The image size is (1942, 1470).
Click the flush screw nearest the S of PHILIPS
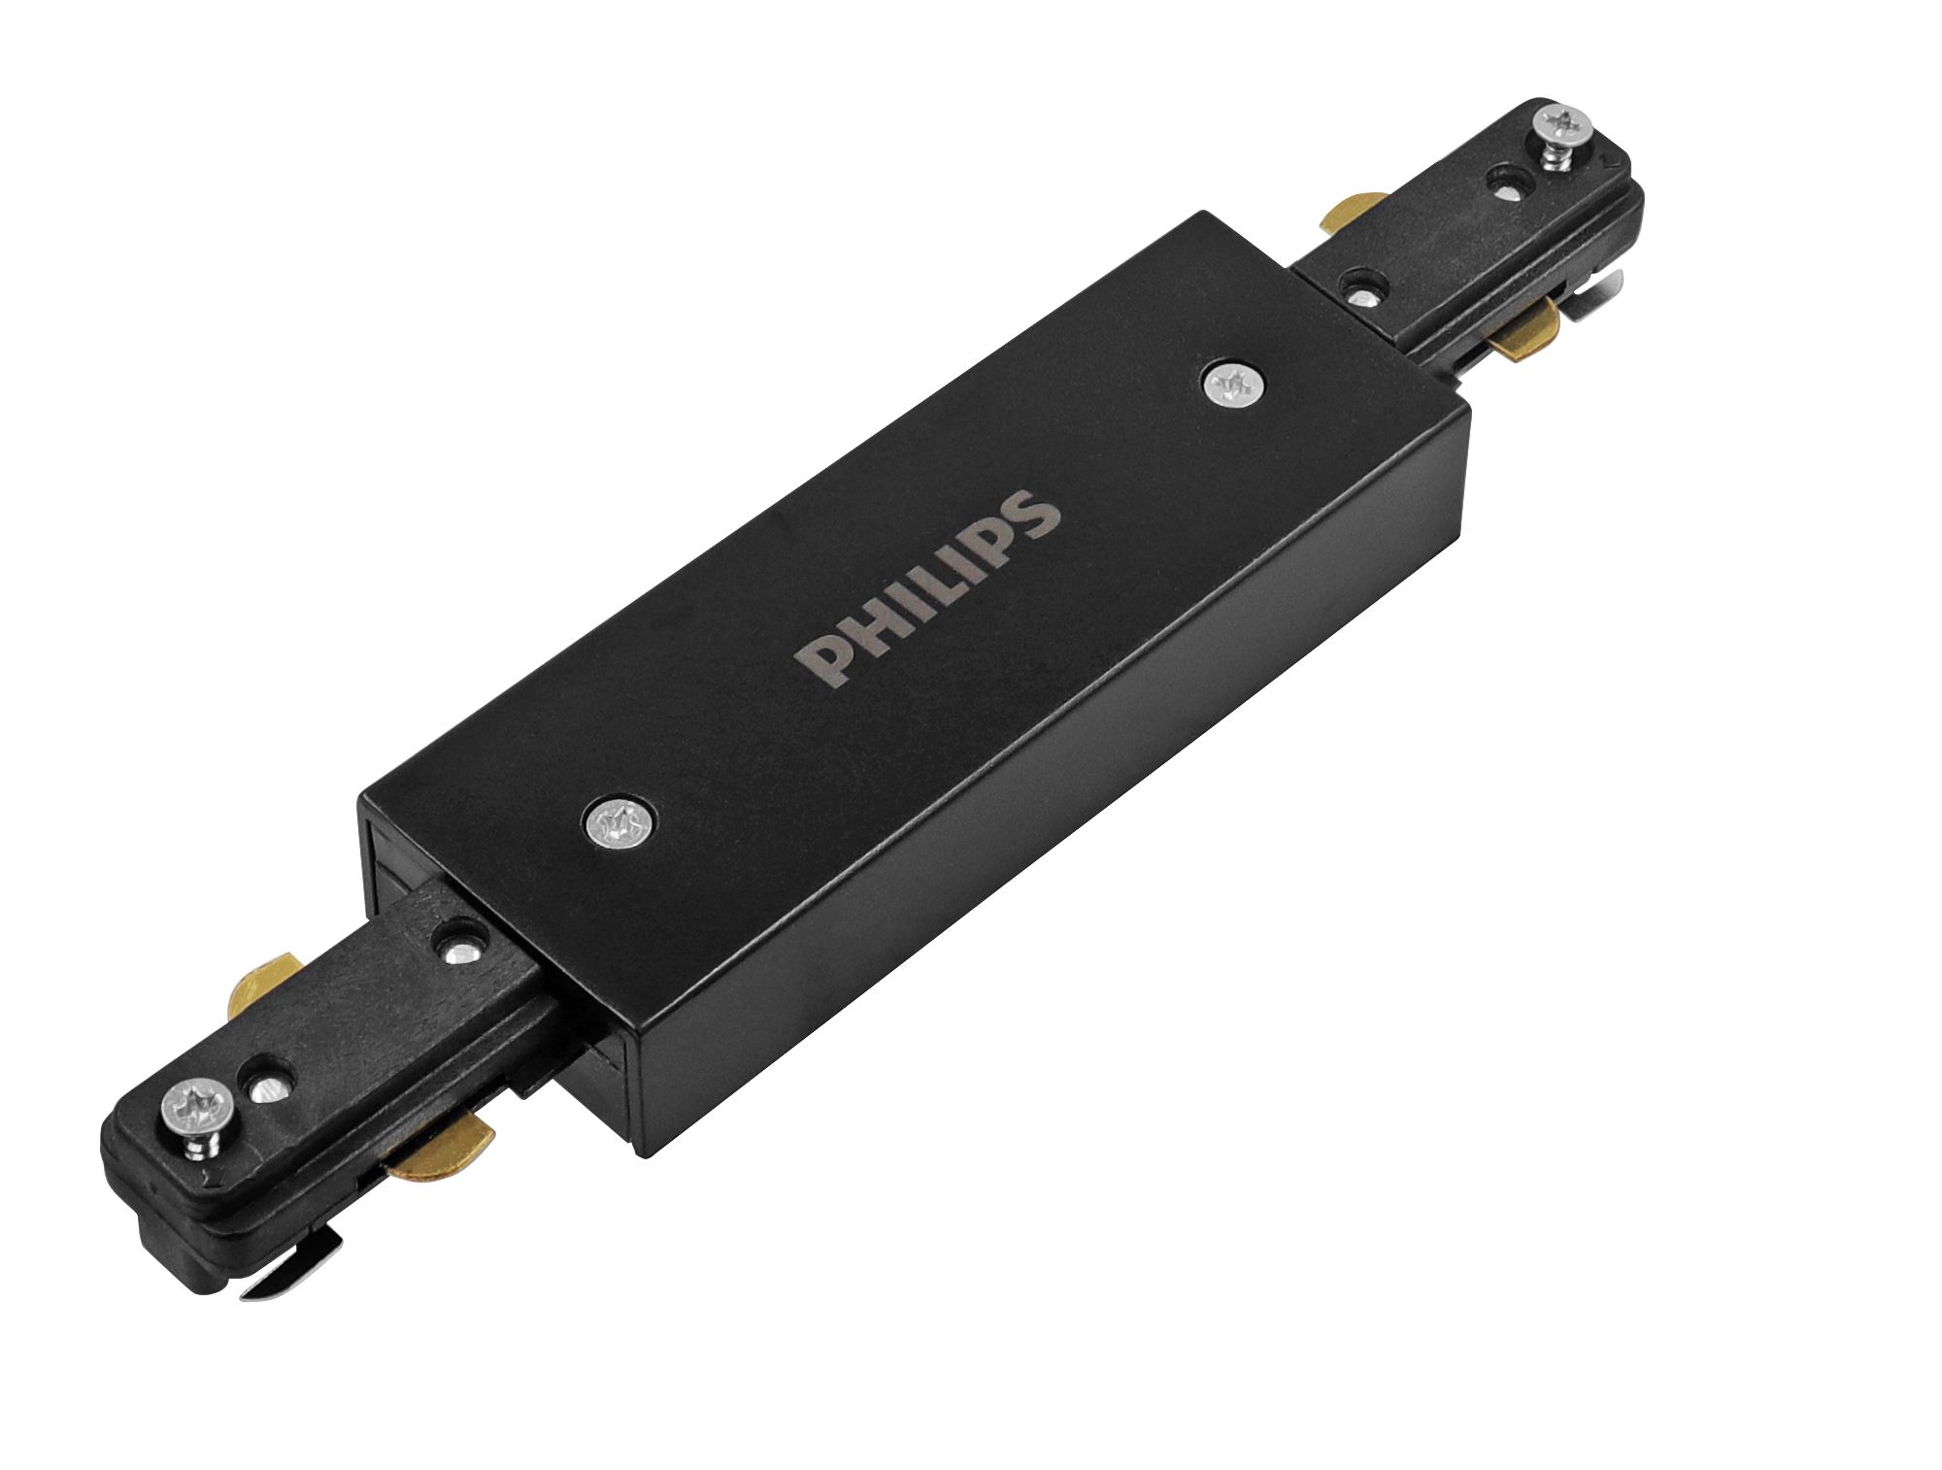tap(1232, 385)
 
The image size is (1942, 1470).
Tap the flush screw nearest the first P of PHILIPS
tap(620, 826)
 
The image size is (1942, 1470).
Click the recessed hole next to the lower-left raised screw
tap(265, 1086)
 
